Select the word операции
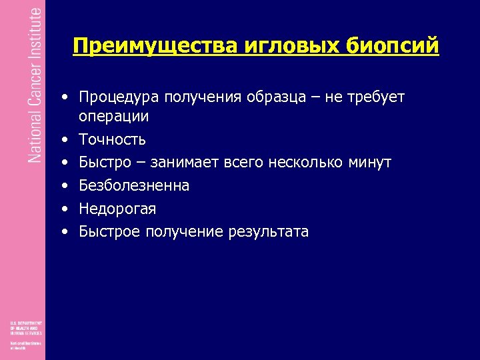point(113,117)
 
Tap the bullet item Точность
point(112,140)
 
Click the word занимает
point(187,163)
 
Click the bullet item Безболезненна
point(134,186)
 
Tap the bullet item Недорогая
point(117,209)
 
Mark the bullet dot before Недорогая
point(65,209)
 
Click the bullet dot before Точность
point(65,140)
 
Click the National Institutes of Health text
point(23,346)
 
